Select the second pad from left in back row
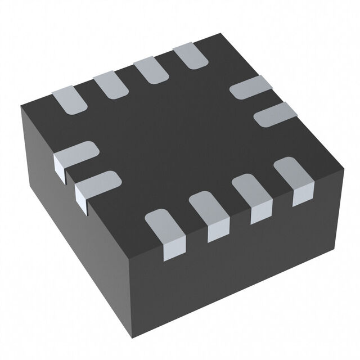coord(110,84)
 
